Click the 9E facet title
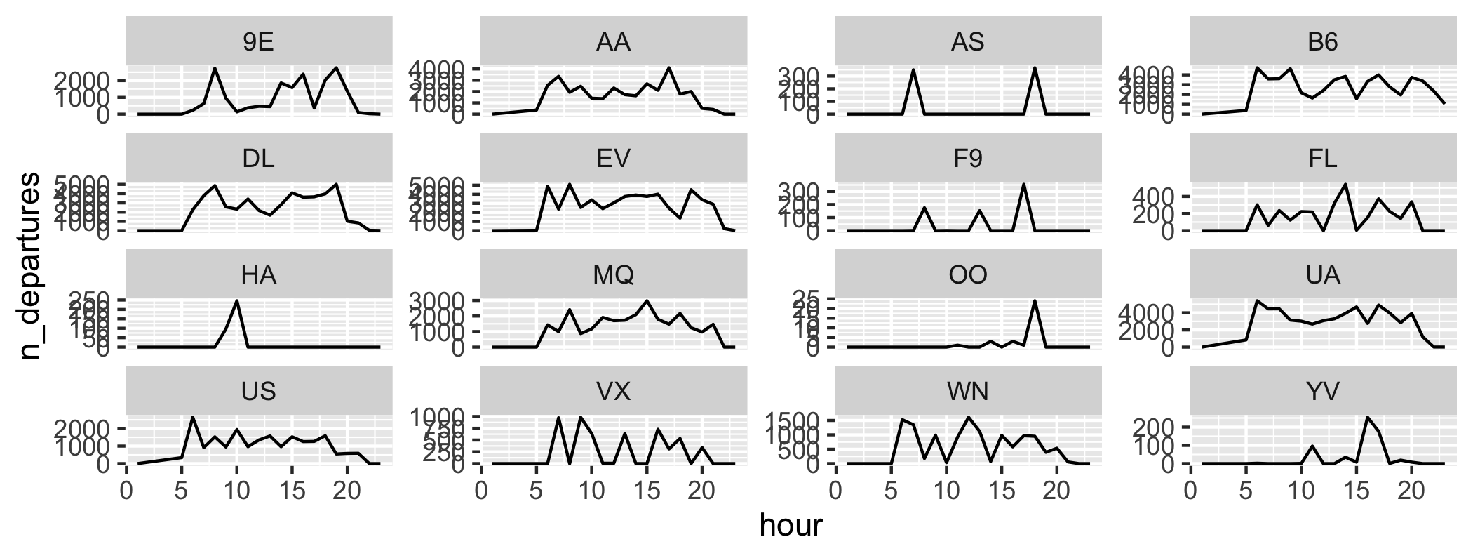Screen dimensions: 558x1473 258,43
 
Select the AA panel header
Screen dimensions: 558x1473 613,43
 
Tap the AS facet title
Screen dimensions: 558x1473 968,43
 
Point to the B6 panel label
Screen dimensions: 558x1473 1323,43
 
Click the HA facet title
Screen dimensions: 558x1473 258,274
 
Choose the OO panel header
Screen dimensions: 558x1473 968,274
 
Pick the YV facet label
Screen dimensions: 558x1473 1323,391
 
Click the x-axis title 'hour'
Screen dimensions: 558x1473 791,525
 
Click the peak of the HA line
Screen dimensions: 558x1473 237,301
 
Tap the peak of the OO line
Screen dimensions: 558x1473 1035,301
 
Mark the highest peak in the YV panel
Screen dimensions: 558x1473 1367,417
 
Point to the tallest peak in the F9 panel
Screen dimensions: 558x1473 1023,185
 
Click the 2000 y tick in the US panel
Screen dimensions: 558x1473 90,428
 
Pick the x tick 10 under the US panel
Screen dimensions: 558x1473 237,491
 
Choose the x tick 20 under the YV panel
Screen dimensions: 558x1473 1411,491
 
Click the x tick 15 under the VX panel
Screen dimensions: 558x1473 647,491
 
